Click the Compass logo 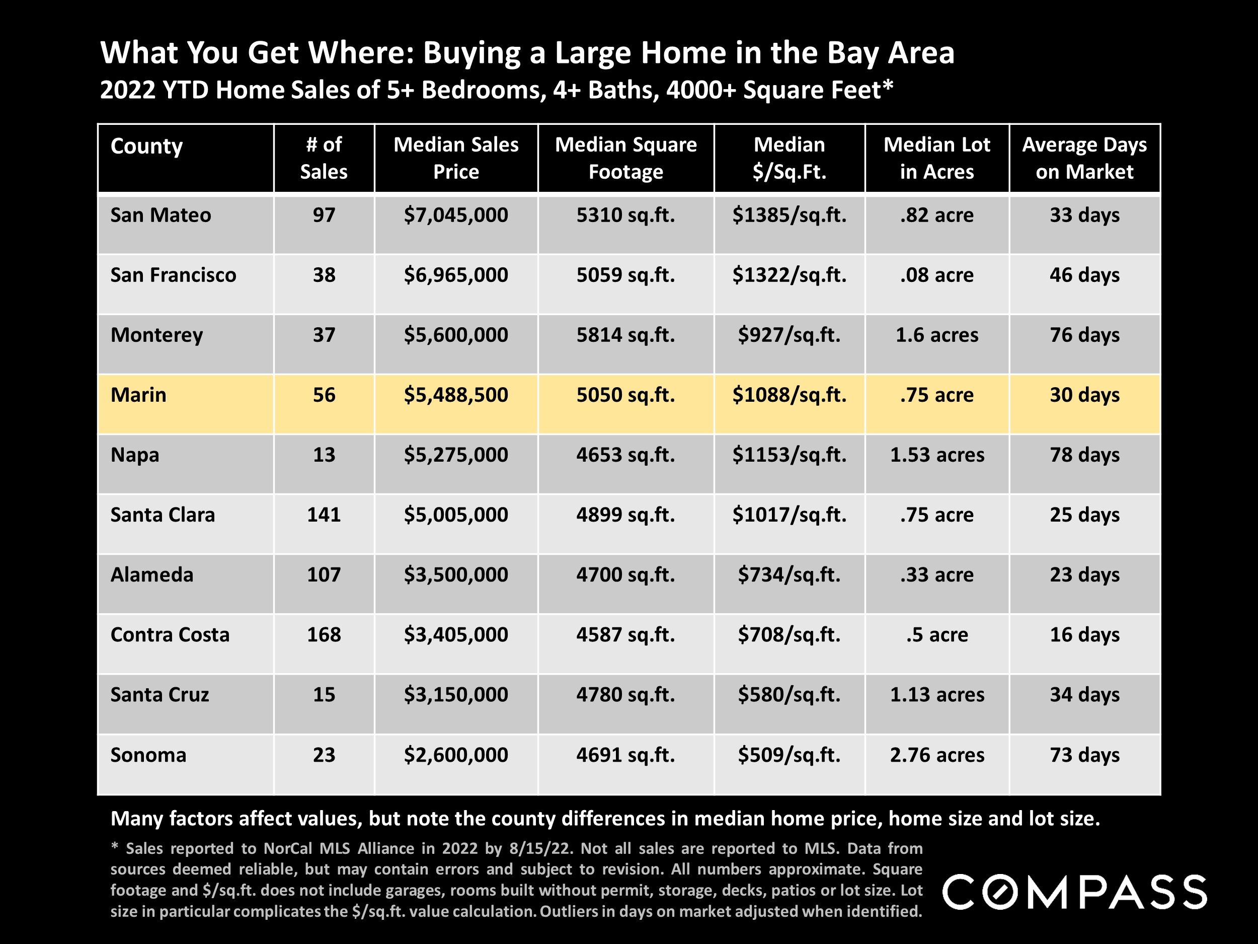1074,892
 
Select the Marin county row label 138,395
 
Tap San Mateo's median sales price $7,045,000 455,215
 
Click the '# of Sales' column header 324,158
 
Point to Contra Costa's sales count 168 324,634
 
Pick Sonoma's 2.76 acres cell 936,755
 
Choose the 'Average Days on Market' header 1084,158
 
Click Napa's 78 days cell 1084,455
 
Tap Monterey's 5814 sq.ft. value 625,335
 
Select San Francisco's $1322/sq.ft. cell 789,275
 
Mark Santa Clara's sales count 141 324,515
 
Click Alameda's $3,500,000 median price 455,575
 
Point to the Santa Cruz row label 160,695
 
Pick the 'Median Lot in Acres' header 936,158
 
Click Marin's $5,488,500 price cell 455,395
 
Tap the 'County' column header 147,146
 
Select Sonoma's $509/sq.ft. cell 789,755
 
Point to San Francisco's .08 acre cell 936,275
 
